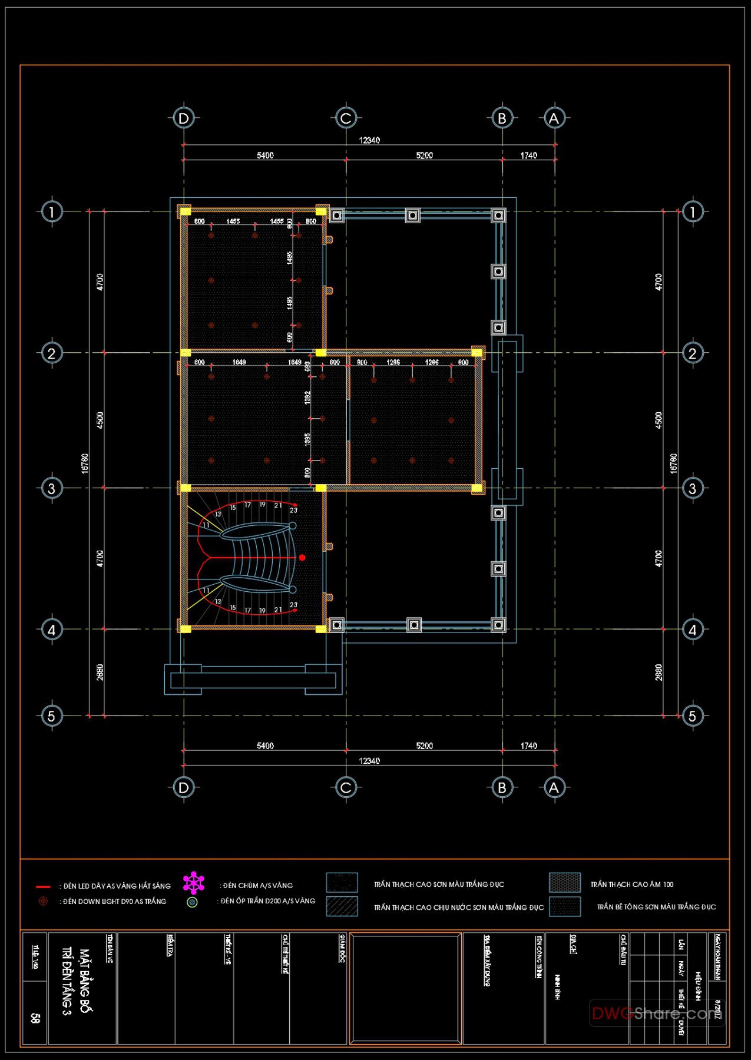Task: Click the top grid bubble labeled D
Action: [183, 118]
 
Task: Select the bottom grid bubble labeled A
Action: [554, 787]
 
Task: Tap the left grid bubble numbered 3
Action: [52, 488]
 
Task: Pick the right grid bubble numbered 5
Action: [693, 716]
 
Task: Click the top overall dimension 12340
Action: [369, 140]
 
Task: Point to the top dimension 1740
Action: [528, 155]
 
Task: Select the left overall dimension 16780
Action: [85, 463]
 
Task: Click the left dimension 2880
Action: [100, 673]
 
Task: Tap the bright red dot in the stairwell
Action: [302, 558]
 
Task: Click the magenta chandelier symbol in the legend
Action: [193, 883]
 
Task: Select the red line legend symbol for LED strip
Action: [43, 886]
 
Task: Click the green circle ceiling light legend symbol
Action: [192, 902]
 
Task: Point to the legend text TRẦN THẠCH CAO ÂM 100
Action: [631, 885]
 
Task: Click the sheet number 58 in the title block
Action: [35, 1018]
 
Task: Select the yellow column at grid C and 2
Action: [321, 353]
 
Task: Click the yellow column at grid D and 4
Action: [186, 629]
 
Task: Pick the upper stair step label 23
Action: [293, 510]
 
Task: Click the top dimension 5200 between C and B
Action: [424, 155]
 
